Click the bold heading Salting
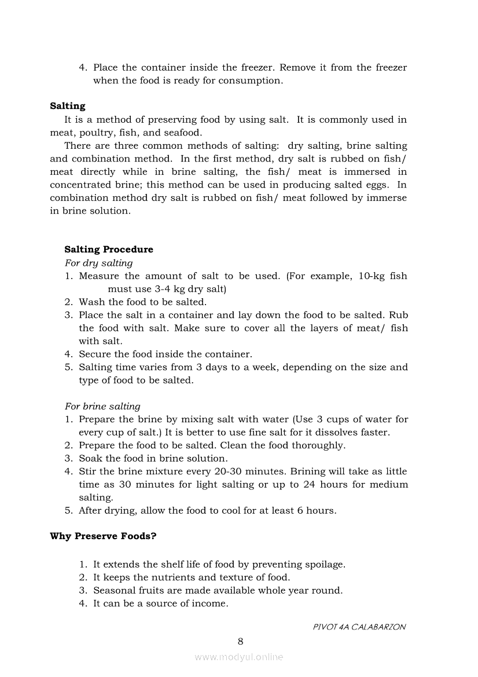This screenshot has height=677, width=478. [x=67, y=106]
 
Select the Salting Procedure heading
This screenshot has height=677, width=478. [x=109, y=250]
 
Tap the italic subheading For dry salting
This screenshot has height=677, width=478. [x=98, y=263]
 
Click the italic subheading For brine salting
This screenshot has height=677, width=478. [x=102, y=407]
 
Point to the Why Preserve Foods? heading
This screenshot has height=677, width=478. [x=103, y=536]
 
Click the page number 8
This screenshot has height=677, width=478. [x=240, y=641]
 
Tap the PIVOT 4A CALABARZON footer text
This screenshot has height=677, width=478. [x=359, y=627]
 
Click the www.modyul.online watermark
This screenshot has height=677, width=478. [x=239, y=657]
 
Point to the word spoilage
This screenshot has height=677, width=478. [x=324, y=564]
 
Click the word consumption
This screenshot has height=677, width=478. [x=249, y=80]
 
